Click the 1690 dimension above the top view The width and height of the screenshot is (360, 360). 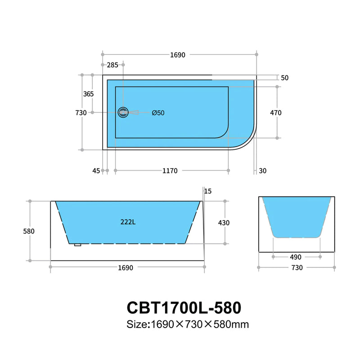point(178,55)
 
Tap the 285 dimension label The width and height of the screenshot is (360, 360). point(112,65)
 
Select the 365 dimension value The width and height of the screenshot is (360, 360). point(89,94)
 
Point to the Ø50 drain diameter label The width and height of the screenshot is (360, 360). point(158,113)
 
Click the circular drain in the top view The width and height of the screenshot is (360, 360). point(123,112)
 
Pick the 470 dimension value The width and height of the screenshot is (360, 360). point(276,112)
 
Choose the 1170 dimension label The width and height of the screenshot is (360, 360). point(170,171)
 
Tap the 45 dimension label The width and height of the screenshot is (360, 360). point(96,171)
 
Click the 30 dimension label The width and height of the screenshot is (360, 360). point(263,171)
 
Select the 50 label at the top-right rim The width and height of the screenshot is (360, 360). point(284,78)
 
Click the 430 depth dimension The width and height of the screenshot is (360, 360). point(224,222)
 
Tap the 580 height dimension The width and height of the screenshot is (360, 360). point(28,231)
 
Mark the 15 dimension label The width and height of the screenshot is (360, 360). point(207,191)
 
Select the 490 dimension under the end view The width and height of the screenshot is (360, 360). point(296,257)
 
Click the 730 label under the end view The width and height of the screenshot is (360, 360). point(297,268)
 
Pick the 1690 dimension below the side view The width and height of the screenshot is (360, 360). point(126,268)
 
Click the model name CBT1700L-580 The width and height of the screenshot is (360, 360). point(184,307)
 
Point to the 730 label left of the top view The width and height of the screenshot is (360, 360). point(81,112)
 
